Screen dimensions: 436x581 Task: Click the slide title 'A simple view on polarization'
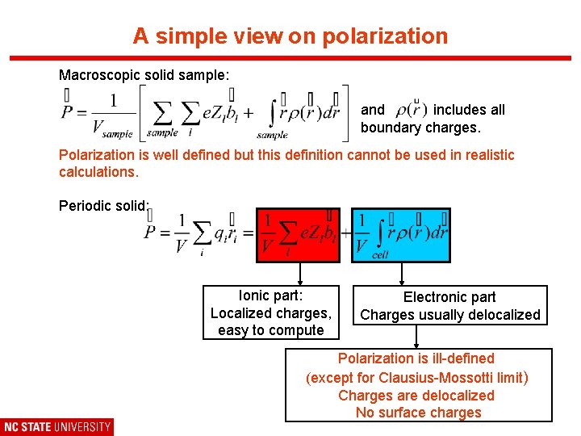point(290,36)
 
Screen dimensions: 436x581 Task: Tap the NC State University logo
point(56,426)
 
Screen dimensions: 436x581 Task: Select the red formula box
point(298,235)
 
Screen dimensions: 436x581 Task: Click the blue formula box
point(401,235)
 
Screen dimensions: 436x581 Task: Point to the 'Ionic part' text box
point(271,313)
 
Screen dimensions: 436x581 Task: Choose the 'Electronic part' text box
point(449,306)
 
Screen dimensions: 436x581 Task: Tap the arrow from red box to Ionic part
point(300,274)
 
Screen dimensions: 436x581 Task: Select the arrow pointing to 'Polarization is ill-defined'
point(417,336)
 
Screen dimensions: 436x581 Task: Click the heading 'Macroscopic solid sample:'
point(144,75)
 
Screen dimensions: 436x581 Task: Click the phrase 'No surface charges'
point(418,413)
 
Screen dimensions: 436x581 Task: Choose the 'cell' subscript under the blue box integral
point(381,254)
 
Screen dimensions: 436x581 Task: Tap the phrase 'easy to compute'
point(271,330)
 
